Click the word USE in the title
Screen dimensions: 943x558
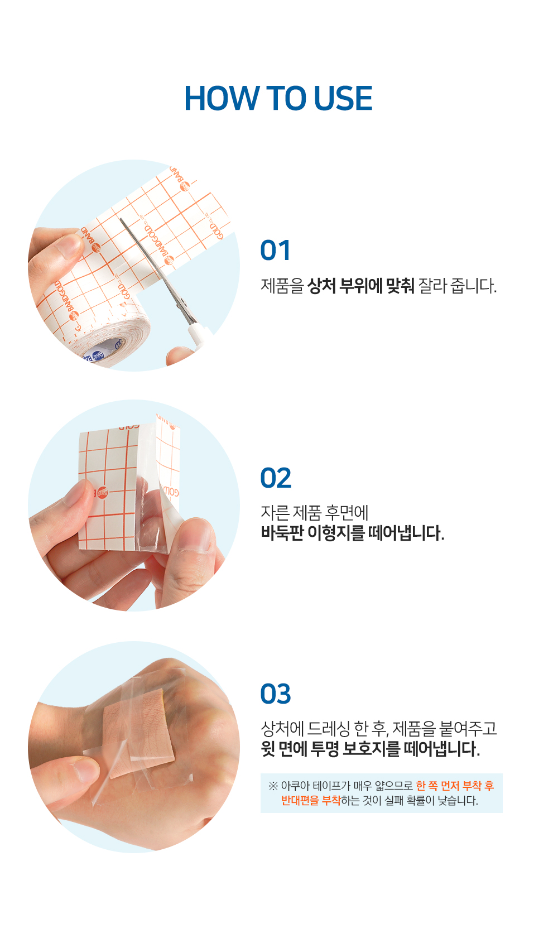tap(343, 99)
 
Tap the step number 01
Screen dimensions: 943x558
tap(275, 251)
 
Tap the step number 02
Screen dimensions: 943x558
tap(276, 478)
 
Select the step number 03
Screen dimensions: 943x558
tap(276, 694)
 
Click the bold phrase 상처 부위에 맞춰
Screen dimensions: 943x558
tap(361, 286)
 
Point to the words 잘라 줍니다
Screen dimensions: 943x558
tap(457, 286)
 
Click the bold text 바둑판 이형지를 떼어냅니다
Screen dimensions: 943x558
tap(353, 533)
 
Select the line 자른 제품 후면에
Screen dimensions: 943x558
tap(315, 512)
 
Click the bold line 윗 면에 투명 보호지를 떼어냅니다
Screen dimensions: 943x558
tap(371, 749)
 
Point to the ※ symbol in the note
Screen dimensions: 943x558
tap(273, 786)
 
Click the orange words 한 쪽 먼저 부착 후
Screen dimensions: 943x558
tap(455, 786)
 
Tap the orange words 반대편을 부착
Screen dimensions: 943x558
tap(311, 801)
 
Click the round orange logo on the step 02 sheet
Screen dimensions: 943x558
tap(102, 493)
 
